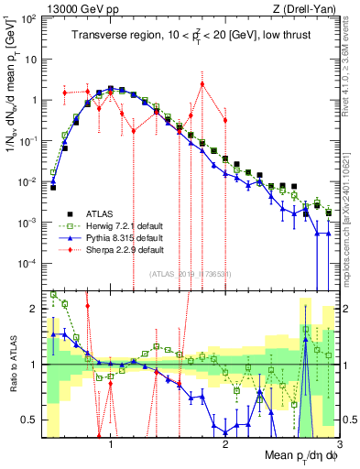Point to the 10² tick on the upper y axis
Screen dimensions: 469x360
pyautogui.click(x=28, y=18)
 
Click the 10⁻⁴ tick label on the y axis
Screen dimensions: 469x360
pyautogui.click(x=27, y=264)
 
